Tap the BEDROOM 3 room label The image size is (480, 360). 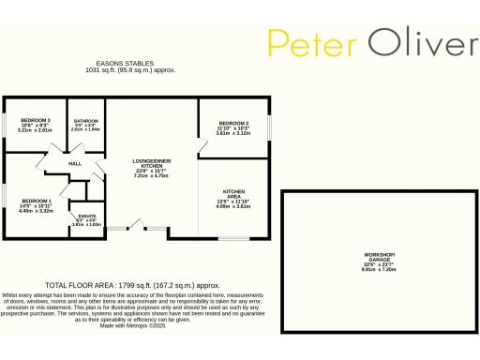37,121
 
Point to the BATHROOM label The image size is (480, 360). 86,121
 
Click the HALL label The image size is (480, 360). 75,163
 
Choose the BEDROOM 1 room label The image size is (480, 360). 37,202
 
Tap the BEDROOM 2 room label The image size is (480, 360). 233,124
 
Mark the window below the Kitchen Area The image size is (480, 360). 233,239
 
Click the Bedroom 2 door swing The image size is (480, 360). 202,142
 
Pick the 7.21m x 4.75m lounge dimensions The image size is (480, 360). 152,174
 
